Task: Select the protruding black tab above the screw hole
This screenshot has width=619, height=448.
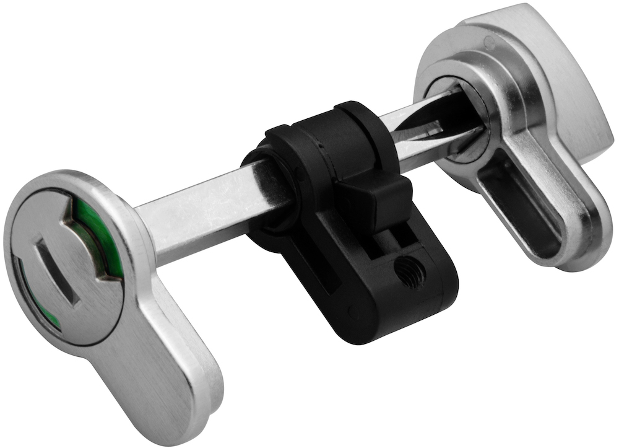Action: coord(375,202)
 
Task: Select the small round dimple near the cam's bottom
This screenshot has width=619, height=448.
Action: coord(353,309)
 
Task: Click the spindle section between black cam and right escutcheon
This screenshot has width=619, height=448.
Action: coord(409,139)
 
